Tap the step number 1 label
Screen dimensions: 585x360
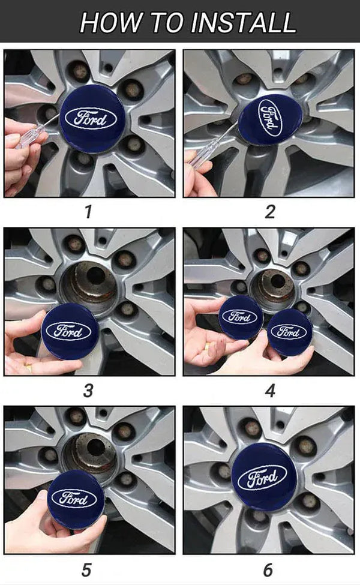(x=89, y=212)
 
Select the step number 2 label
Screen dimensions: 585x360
(x=269, y=212)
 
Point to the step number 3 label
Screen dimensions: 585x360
(x=88, y=391)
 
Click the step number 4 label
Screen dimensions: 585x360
(x=270, y=391)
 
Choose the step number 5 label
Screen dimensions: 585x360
(x=88, y=568)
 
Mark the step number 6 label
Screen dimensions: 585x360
(x=268, y=568)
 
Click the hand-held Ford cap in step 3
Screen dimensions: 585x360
(x=70, y=331)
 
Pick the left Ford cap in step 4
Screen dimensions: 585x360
(x=240, y=317)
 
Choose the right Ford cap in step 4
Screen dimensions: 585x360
(x=289, y=332)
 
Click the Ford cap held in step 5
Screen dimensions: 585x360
(x=76, y=498)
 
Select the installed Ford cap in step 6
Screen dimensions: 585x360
(x=264, y=478)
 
